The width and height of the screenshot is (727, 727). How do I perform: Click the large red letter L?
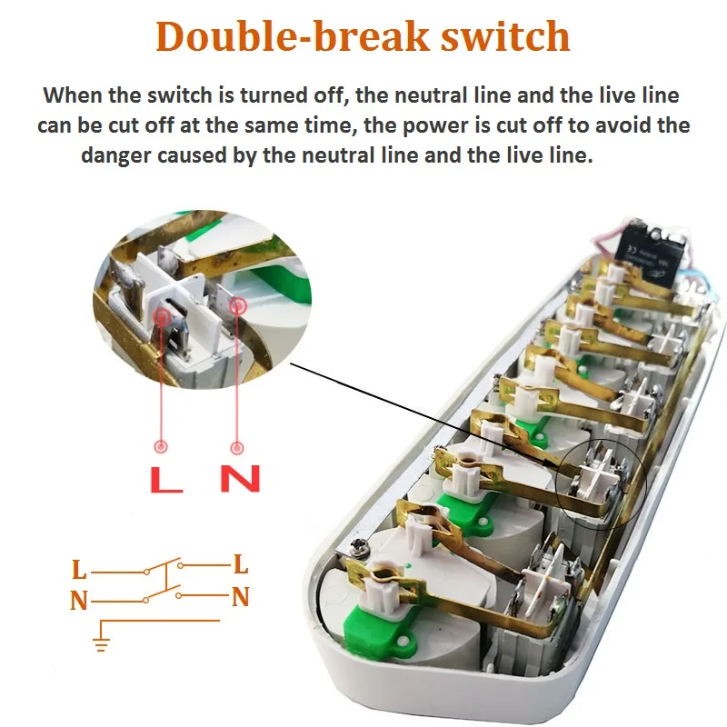[x=164, y=478]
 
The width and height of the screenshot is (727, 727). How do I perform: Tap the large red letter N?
[x=240, y=478]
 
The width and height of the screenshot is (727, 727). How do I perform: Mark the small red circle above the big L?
[x=162, y=446]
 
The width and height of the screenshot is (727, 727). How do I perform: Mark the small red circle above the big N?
[x=238, y=447]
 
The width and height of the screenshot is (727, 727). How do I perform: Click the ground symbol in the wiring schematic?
[x=101, y=643]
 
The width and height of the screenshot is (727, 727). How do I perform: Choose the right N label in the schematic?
[x=241, y=597]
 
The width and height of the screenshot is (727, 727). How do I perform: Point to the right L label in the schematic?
[x=241, y=564]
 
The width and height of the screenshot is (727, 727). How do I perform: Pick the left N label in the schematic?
[x=80, y=600]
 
